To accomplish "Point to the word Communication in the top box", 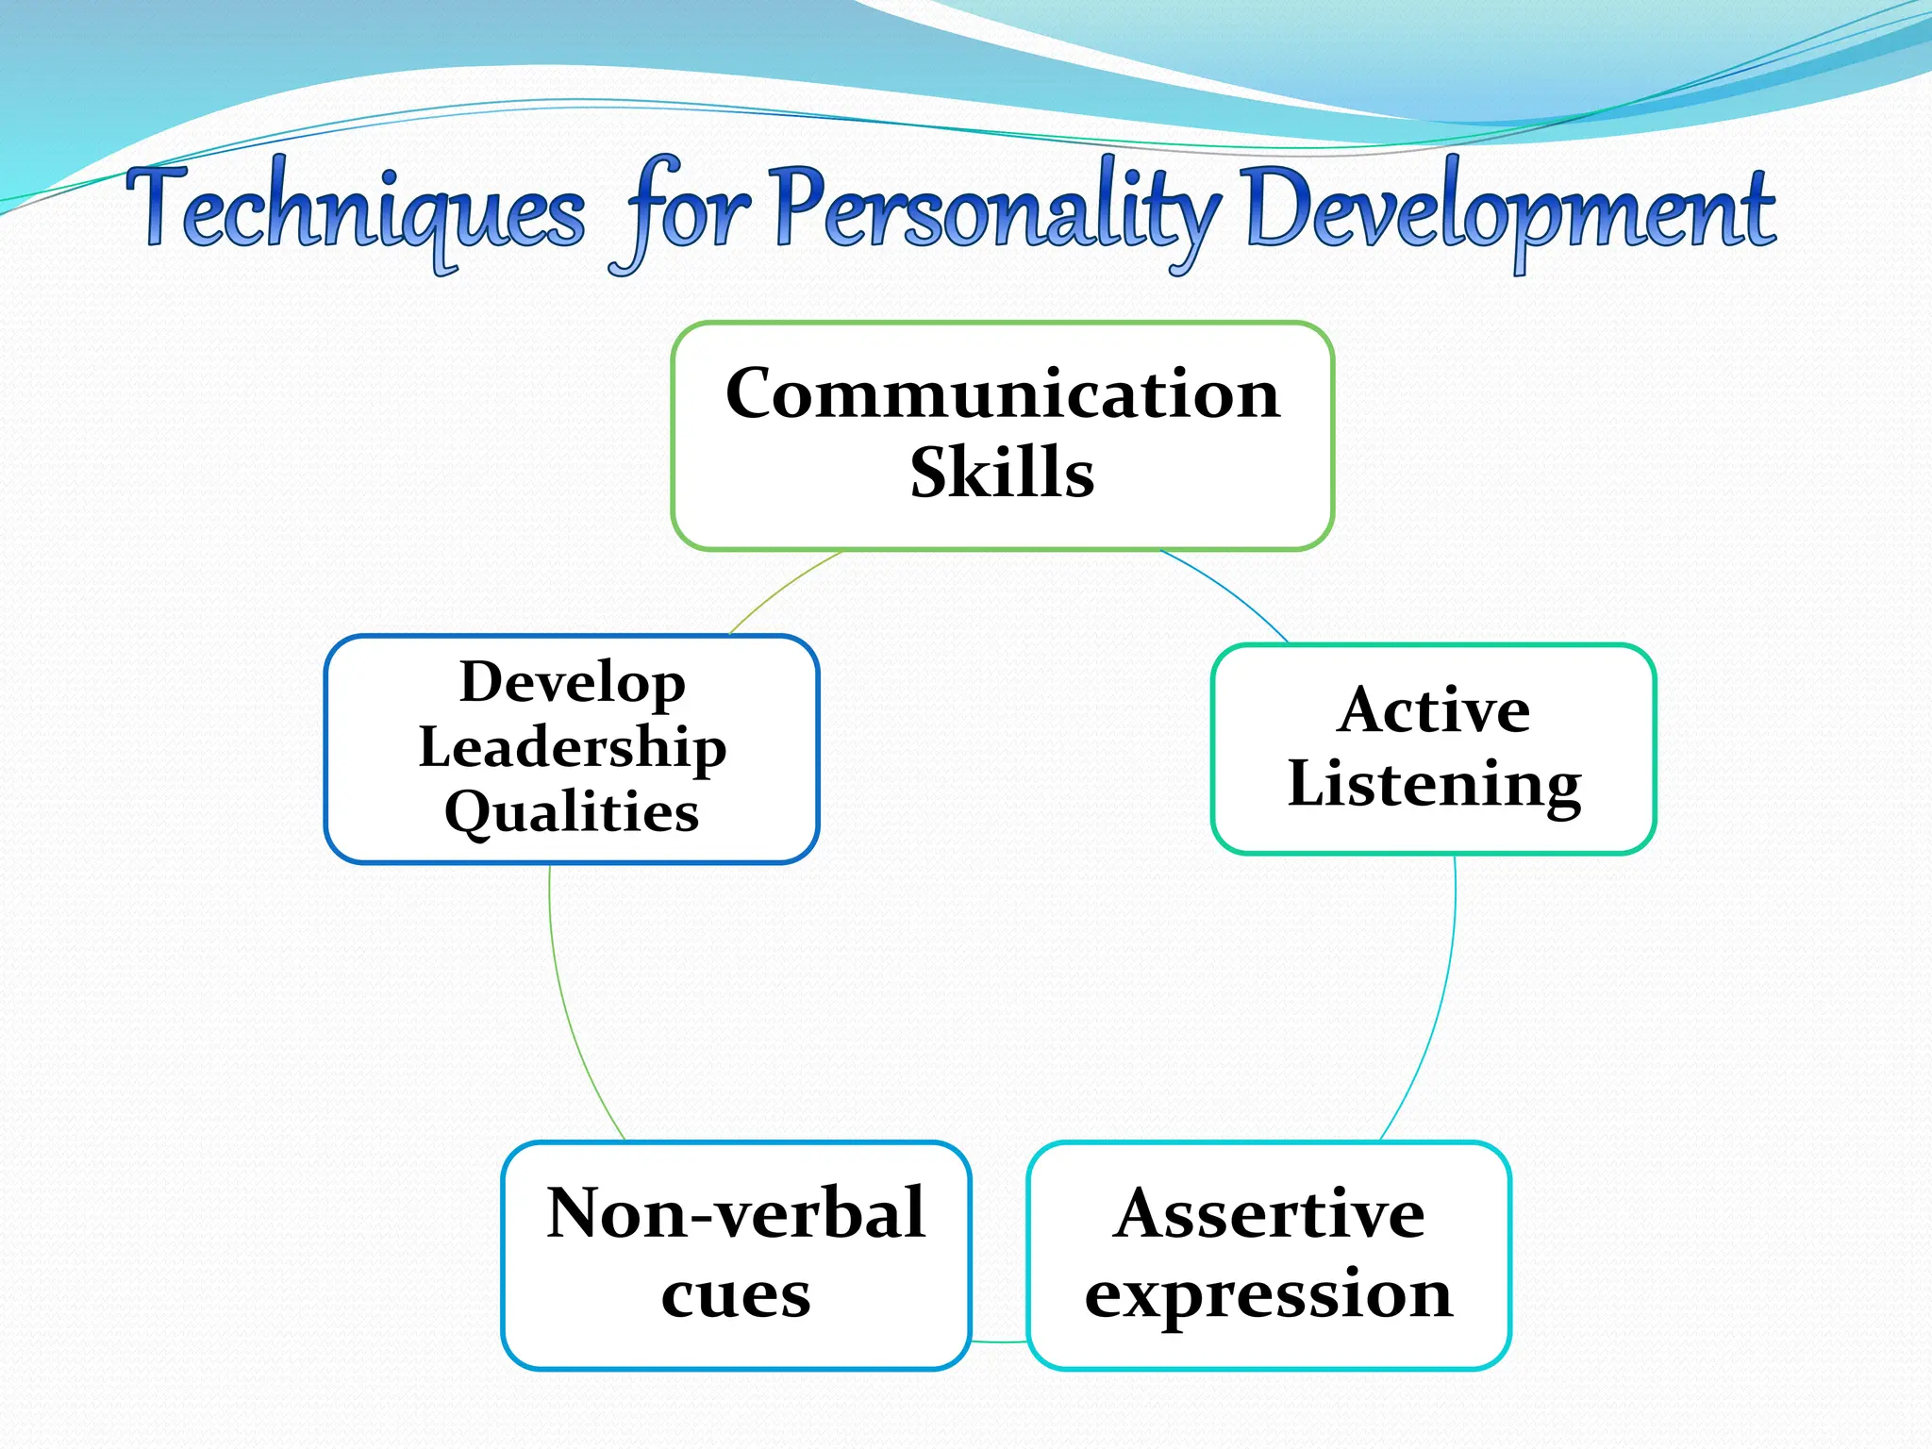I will [1003, 393].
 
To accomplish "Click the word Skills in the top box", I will [1002, 472].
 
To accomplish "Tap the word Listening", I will [1434, 785].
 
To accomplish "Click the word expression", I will [1269, 1293].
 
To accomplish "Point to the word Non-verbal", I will [736, 1213].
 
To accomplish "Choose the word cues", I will [736, 1294].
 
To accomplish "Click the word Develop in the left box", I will [573, 682].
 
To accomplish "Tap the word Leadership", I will [573, 747].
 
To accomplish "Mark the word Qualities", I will [573, 812].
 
